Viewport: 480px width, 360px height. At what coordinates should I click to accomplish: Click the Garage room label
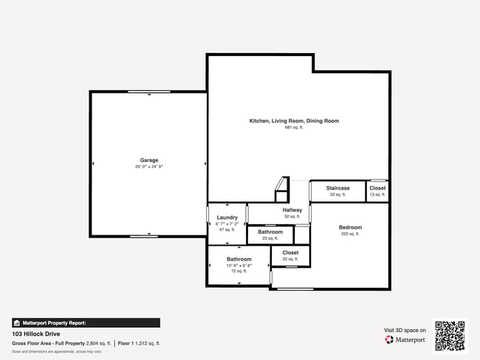point(149,160)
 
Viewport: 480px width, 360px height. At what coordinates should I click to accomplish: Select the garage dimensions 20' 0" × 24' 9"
point(149,167)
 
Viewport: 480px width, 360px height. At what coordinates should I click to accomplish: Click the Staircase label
point(338,188)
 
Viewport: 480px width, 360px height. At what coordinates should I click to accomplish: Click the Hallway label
point(292,210)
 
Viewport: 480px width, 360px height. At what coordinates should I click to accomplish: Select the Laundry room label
point(227,218)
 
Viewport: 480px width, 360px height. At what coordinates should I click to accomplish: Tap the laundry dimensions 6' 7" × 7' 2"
point(227,224)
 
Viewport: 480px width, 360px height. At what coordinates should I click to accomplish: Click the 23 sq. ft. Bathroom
point(270,235)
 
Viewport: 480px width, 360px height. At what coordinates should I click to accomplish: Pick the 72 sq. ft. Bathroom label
point(239,260)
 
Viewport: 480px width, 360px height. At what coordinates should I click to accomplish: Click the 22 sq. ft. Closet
point(290,255)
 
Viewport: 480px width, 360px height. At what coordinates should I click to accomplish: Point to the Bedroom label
point(350,227)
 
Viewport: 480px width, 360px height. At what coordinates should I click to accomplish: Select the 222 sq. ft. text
point(350,234)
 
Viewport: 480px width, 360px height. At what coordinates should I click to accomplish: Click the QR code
point(450,336)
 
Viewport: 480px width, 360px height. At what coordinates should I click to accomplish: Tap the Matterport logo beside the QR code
point(405,339)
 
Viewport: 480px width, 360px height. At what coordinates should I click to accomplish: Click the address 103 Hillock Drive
point(37,333)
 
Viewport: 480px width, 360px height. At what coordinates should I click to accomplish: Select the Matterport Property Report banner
point(86,322)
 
